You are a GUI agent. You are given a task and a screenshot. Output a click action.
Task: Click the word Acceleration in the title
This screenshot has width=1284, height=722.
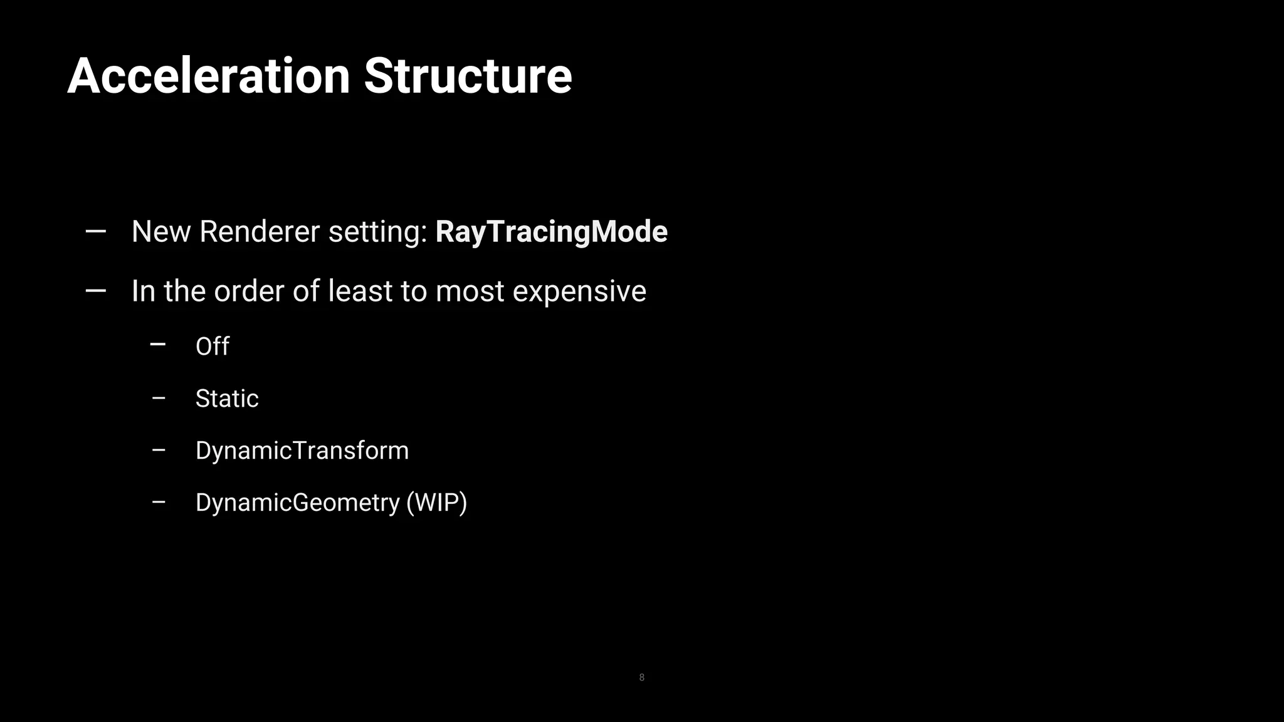[208, 76]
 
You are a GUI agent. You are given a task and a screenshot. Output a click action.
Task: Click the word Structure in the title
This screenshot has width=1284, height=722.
[468, 76]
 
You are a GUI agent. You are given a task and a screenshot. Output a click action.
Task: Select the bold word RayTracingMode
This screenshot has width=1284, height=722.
[551, 232]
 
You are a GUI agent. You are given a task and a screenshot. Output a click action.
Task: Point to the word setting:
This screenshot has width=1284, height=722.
[378, 232]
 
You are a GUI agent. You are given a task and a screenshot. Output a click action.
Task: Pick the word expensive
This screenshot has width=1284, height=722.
[579, 291]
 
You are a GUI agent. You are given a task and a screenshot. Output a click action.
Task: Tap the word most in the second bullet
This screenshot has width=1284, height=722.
[470, 291]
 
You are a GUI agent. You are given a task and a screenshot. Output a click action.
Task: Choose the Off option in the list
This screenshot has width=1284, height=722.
[212, 347]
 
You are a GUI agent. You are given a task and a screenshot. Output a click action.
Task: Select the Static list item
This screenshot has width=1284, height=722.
[227, 399]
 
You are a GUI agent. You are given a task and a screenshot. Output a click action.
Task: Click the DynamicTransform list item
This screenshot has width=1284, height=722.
[302, 451]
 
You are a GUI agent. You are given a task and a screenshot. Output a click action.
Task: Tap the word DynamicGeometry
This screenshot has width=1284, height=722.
[297, 503]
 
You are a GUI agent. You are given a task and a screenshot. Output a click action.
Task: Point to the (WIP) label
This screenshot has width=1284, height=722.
[436, 503]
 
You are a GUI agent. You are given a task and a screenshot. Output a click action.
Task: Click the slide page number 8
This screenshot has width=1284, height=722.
[641, 678]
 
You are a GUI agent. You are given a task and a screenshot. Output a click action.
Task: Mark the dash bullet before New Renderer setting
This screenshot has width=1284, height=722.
[95, 232]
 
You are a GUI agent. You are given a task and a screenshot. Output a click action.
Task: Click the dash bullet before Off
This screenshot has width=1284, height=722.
[158, 344]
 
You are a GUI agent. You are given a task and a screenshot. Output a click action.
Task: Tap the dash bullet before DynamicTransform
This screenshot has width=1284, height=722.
[159, 450]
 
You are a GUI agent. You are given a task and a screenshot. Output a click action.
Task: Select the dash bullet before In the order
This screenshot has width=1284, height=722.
[95, 291]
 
